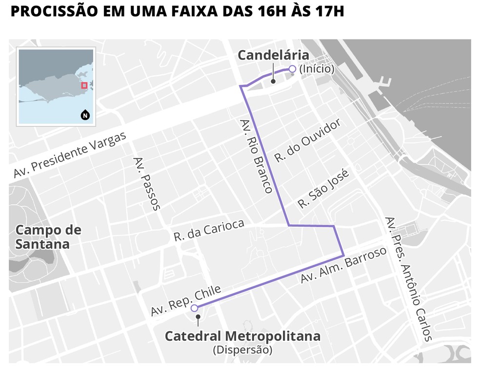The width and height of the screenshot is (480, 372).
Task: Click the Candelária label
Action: tap(273, 56)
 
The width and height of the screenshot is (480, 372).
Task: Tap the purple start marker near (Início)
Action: tap(292, 69)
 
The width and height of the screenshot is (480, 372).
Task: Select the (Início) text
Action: tap(317, 69)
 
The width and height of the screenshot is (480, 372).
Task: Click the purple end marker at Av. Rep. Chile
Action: tap(194, 308)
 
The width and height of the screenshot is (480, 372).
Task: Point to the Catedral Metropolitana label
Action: tap(242, 336)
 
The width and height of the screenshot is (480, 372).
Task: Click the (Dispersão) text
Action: tap(242, 350)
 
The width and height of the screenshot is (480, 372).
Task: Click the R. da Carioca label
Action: tap(209, 231)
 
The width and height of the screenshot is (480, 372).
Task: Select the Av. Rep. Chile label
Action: tap(186, 299)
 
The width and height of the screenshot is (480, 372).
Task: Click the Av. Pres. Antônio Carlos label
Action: tap(408, 278)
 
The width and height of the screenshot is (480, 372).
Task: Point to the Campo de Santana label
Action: tap(48, 237)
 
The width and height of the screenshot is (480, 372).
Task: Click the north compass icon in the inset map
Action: tap(85, 116)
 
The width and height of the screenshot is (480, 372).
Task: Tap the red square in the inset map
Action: tap(84, 85)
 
